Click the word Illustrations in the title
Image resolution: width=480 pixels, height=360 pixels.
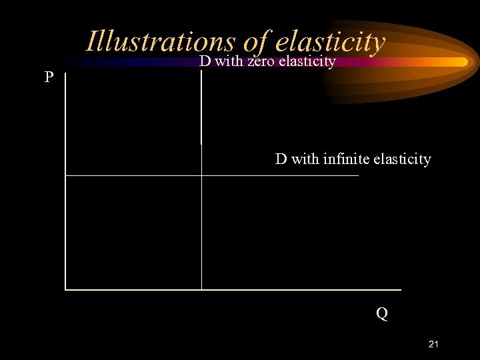160,41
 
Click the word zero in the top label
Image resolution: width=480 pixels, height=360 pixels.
261,62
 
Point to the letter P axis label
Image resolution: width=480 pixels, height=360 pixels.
49,77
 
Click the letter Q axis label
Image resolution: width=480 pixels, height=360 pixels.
381,313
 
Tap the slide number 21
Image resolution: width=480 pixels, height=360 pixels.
433,344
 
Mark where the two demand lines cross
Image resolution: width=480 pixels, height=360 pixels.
201,175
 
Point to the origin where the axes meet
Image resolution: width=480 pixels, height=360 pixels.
65,289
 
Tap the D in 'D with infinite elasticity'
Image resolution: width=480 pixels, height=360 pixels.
281,159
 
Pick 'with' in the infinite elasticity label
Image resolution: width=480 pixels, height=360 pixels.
305,159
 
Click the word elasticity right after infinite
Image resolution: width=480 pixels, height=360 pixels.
402,159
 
